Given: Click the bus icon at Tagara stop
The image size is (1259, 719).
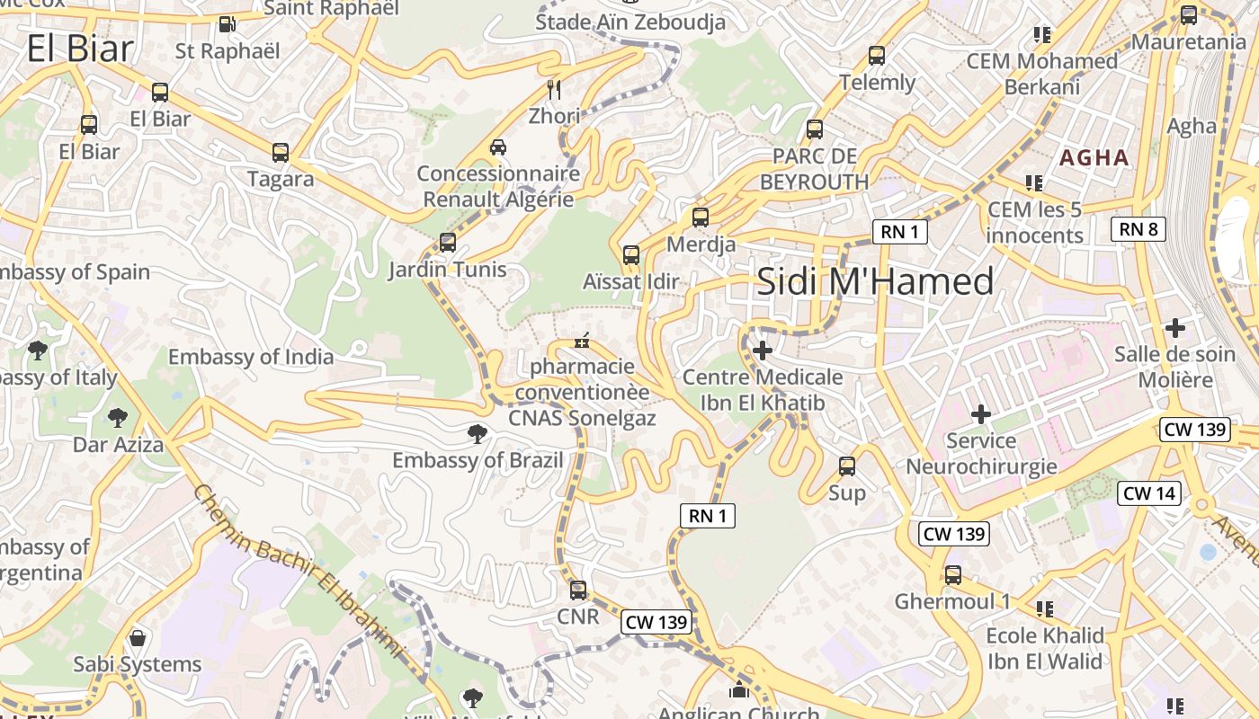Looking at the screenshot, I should pyautogui.click(x=281, y=153).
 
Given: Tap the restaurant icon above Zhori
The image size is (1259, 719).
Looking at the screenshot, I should pyautogui.click(x=554, y=89).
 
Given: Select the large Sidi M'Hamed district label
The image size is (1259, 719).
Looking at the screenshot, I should pyautogui.click(x=875, y=281).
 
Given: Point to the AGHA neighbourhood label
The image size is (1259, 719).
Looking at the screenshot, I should pyautogui.click(x=1094, y=158).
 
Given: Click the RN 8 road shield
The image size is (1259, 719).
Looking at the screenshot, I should pyautogui.click(x=1138, y=229).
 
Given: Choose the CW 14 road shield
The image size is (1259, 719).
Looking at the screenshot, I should pyautogui.click(x=1149, y=493).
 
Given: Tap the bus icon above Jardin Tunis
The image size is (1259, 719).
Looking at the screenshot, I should pyautogui.click(x=447, y=243).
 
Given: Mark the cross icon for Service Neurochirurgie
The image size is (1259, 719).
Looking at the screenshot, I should pyautogui.click(x=981, y=414).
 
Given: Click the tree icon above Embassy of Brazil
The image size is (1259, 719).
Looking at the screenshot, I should pyautogui.click(x=478, y=435).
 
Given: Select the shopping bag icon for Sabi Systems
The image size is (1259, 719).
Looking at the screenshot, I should pyautogui.click(x=138, y=638).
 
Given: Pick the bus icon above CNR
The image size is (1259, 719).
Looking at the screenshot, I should pyautogui.click(x=578, y=590).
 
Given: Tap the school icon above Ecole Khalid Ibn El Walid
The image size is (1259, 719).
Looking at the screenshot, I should pyautogui.click(x=1044, y=609).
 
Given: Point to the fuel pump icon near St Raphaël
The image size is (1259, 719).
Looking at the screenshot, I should pyautogui.click(x=228, y=24).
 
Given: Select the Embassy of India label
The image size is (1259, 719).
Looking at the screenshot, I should pyautogui.click(x=251, y=357).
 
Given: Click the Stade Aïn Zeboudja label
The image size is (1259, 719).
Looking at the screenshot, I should pyautogui.click(x=630, y=22).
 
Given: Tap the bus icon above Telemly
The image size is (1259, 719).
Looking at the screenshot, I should pyautogui.click(x=877, y=56).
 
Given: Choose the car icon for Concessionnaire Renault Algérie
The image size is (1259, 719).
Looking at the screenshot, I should pyautogui.click(x=498, y=146).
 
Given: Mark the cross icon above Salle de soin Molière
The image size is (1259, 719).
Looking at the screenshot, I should pyautogui.click(x=1174, y=328).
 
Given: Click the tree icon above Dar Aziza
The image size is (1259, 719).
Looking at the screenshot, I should pyautogui.click(x=117, y=417).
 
